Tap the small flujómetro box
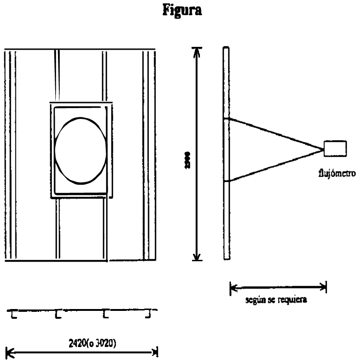[334, 149]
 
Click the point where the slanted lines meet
[322, 149]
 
